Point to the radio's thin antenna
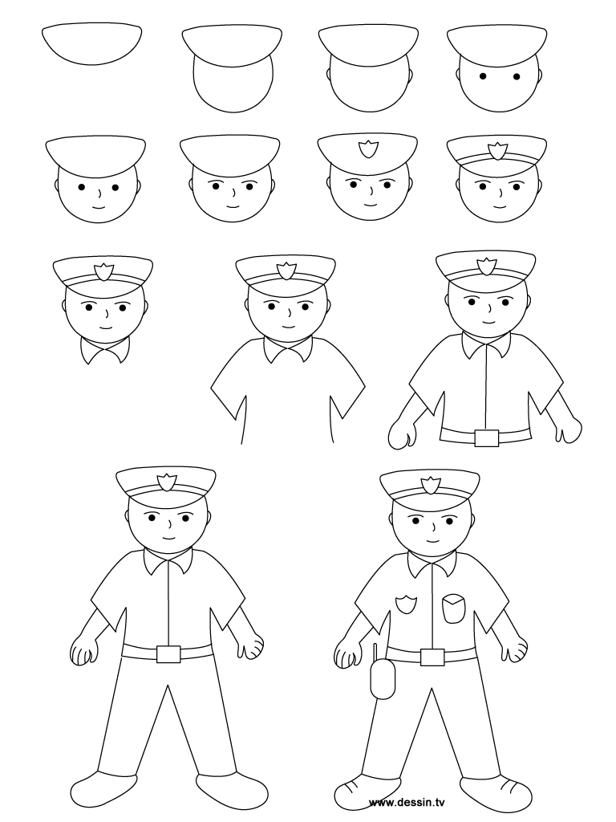(x=375, y=651)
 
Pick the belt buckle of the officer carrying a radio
(x=432, y=657)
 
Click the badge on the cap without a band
(x=370, y=151)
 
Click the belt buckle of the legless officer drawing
(x=486, y=437)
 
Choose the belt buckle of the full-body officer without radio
(x=168, y=654)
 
